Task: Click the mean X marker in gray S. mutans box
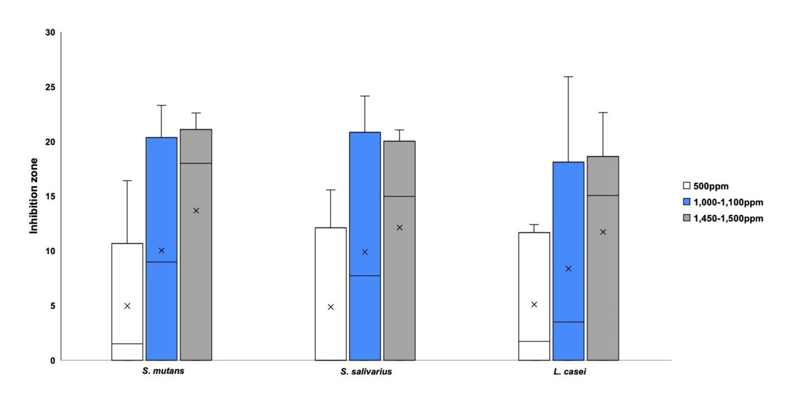pyautogui.click(x=196, y=211)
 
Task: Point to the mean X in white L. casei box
pyautogui.click(x=534, y=304)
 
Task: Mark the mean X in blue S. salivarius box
pyautogui.click(x=365, y=252)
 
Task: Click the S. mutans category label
pyautogui.click(x=163, y=371)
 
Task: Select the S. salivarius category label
pyautogui.click(x=366, y=372)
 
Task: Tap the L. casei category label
pyautogui.click(x=569, y=372)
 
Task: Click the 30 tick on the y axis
pyautogui.click(x=50, y=33)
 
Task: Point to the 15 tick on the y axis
pyautogui.click(x=50, y=197)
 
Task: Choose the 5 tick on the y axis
pyautogui.click(x=53, y=306)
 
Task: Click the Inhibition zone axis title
pyautogui.click(x=34, y=196)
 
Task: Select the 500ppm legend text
pyautogui.click(x=711, y=186)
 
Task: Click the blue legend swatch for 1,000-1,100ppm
pyautogui.click(x=687, y=202)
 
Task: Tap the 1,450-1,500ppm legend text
pyautogui.click(x=728, y=218)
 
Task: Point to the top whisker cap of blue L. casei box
pyautogui.click(x=568, y=77)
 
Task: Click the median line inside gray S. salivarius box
pyautogui.click(x=399, y=196)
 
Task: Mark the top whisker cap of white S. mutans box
pyautogui.click(x=127, y=181)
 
